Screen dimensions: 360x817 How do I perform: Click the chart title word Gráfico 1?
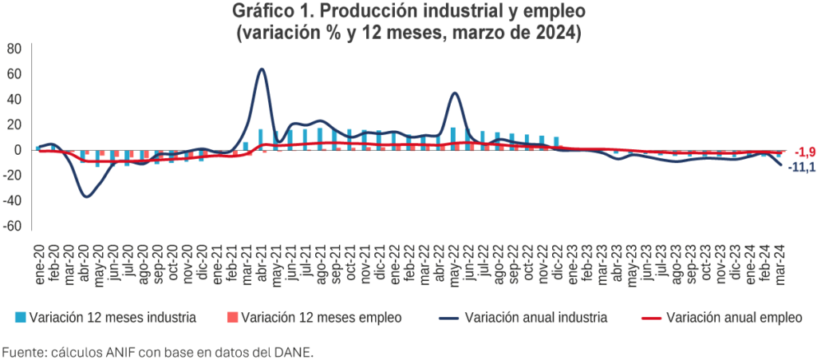tap(270, 13)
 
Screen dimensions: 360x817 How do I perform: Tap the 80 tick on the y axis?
tap(13, 48)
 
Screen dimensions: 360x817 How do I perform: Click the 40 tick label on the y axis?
tap(13, 99)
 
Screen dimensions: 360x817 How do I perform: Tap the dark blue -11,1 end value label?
tap(802, 167)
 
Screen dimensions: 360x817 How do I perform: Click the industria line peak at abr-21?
tap(262, 69)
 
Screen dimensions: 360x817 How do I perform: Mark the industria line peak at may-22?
tap(454, 93)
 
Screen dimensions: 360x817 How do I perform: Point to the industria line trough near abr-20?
tap(85, 196)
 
